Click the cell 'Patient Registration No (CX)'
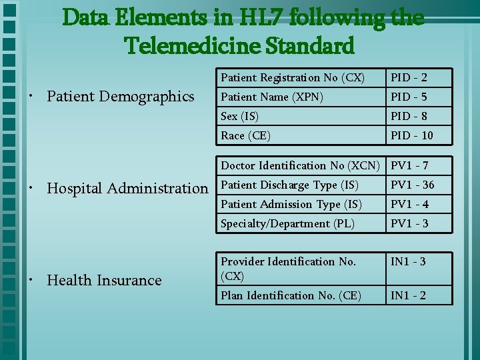pos(293,77)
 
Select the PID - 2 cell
pos(409,77)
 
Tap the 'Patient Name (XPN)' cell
pos(272,97)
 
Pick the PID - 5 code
pos(409,97)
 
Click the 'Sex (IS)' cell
pos(240,116)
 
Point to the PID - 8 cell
pos(409,116)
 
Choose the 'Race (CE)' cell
pos(245,135)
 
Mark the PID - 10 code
pos(411,135)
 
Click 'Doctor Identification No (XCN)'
pos(300,165)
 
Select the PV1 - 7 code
pos(409,165)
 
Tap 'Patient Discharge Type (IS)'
pos(289,185)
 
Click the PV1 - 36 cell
pos(412,185)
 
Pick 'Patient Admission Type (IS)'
pos(291,204)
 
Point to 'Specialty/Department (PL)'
pos(287,223)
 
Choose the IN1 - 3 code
pos(409,261)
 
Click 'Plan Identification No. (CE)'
pos(291,295)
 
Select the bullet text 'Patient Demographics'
pos(121,97)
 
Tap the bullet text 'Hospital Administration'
pos(127,189)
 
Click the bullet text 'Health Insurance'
pos(104,280)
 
